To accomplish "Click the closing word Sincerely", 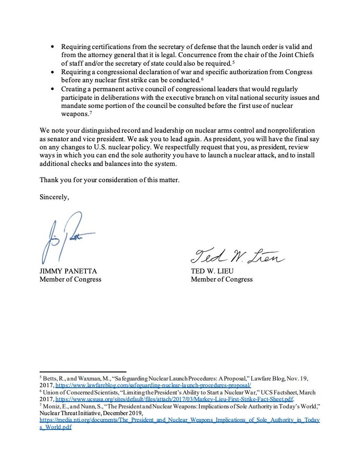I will click(54, 197).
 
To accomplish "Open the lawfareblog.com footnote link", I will click(153, 385).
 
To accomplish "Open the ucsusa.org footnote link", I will click(174, 398).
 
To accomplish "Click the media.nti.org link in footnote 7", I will click(180, 420).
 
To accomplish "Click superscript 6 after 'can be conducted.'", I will click(202, 79).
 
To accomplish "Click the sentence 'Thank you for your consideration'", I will click(109, 180).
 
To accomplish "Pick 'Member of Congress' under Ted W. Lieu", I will click(221, 279).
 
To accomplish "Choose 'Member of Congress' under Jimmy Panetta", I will click(70, 279).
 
